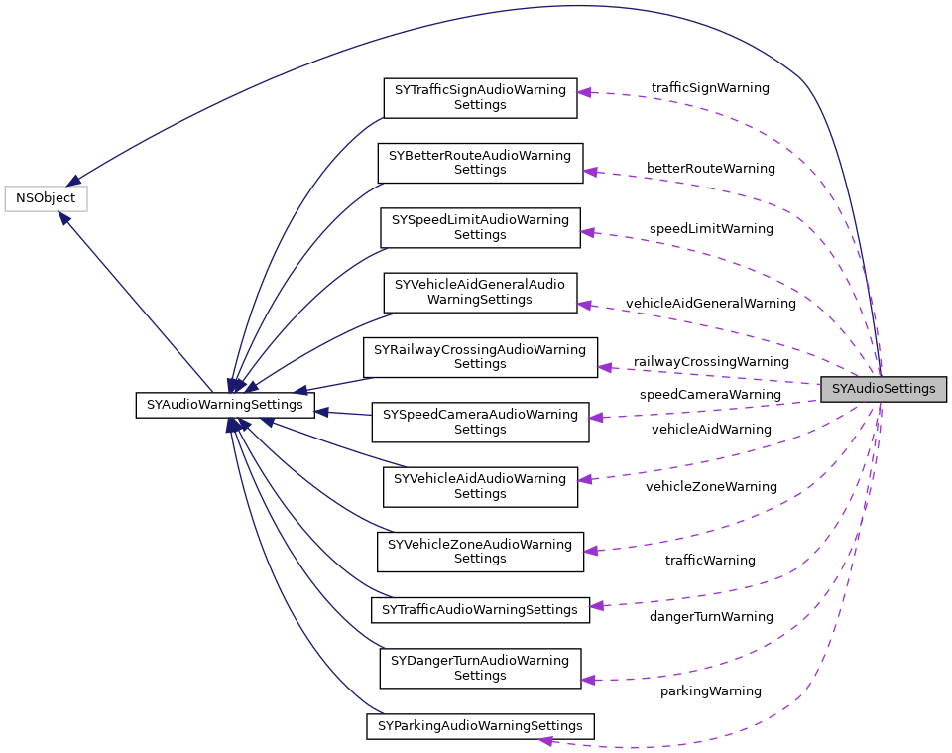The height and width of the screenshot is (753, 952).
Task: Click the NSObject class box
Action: (x=46, y=198)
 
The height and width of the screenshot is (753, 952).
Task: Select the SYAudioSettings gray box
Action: (x=883, y=389)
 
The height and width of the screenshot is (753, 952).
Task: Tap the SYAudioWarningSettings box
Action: (x=224, y=405)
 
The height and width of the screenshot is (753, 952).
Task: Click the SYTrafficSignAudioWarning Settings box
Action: (x=480, y=97)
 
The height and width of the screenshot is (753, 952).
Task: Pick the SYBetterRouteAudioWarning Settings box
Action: (x=480, y=163)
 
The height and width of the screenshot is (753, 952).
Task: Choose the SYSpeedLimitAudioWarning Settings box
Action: (x=480, y=227)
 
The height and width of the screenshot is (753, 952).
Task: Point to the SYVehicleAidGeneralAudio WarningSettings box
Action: (x=480, y=292)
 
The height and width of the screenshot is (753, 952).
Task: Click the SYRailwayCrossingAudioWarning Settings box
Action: (x=480, y=357)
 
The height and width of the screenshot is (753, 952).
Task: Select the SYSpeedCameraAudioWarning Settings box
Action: (x=480, y=422)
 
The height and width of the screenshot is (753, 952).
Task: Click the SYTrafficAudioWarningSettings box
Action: (x=480, y=609)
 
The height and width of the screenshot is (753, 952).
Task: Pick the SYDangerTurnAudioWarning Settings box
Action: (x=480, y=668)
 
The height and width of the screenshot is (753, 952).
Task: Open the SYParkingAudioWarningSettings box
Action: (x=480, y=726)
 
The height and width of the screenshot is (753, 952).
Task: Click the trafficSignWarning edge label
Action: (x=710, y=88)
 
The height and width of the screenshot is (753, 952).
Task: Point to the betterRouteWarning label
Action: (x=710, y=169)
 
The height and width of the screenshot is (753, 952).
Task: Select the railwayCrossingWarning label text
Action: (x=711, y=362)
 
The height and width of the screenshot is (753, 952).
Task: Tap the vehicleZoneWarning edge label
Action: (x=711, y=487)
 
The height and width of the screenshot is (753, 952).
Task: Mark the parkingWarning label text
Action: (x=710, y=691)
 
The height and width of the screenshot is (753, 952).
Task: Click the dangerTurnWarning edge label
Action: (x=710, y=617)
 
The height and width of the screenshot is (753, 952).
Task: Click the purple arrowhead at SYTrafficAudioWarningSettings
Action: (x=596, y=605)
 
